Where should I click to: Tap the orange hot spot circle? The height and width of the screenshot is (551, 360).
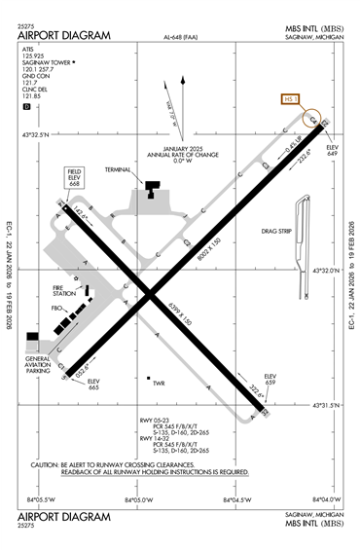point(314,120)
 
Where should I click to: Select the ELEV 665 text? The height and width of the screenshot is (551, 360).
point(66,384)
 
